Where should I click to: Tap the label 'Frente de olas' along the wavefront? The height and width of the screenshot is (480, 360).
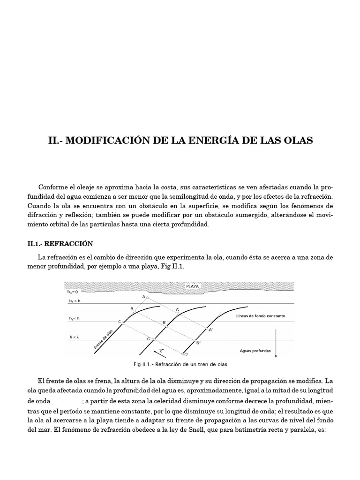pyautogui.click(x=104, y=339)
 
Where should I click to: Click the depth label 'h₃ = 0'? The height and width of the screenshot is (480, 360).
pyautogui.click(x=74, y=291)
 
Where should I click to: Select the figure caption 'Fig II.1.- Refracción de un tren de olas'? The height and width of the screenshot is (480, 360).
pyautogui.click(x=180, y=364)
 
